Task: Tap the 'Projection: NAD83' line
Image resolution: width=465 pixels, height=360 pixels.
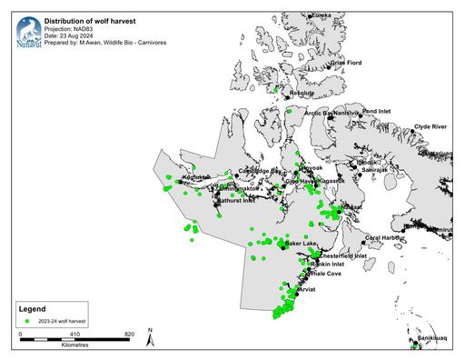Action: [x=70, y=26]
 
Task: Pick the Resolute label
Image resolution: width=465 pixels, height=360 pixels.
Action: [x=301, y=93]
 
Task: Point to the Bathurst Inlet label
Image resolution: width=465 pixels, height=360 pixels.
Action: [x=236, y=201]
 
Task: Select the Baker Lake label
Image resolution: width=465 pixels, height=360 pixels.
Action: [x=301, y=244]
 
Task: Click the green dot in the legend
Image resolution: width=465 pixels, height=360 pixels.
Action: [x=28, y=322]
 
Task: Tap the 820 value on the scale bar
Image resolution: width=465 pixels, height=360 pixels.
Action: [x=130, y=334]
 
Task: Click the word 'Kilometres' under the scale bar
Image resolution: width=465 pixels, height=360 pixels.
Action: [x=74, y=346]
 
